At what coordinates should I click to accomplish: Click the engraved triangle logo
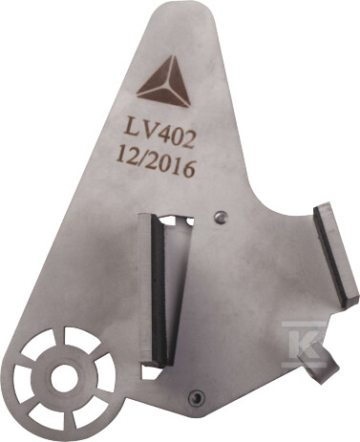164,83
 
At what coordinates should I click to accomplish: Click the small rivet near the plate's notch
221,217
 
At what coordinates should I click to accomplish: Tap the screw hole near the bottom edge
195,397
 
